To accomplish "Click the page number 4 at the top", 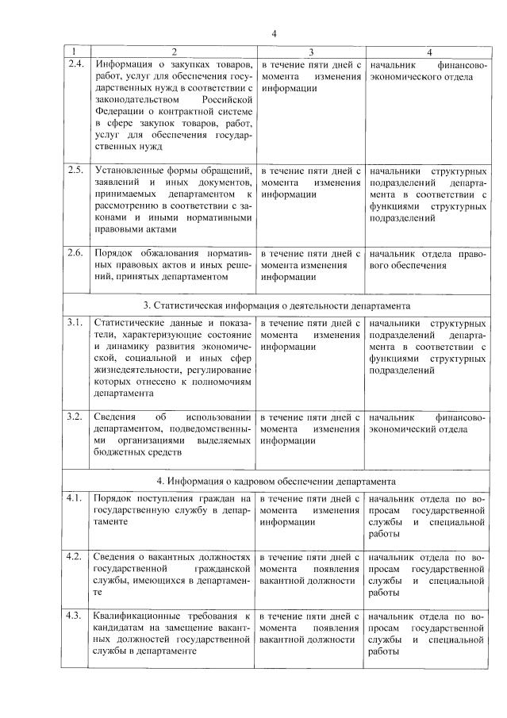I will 274,33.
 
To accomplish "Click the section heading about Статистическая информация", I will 275,305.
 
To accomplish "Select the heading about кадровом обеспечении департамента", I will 275,481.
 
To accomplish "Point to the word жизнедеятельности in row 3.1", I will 140,370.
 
